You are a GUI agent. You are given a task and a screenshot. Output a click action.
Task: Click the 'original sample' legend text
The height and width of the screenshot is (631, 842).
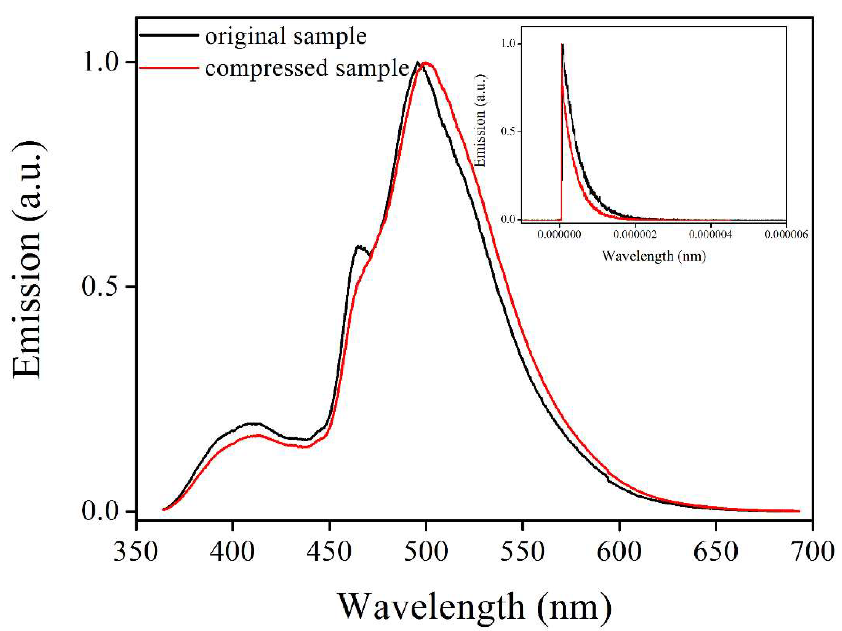285,37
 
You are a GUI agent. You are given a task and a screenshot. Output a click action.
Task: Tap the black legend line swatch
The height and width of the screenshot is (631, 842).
169,35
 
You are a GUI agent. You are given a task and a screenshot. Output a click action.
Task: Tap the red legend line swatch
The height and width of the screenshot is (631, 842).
169,68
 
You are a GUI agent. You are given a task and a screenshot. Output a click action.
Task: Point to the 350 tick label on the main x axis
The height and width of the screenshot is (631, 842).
136,552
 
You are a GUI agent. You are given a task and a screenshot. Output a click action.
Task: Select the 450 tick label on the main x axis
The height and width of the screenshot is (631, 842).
329,552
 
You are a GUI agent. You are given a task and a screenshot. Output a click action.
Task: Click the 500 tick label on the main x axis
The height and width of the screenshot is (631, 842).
426,552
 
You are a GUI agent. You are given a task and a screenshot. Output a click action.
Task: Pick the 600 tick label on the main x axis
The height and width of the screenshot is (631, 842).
619,552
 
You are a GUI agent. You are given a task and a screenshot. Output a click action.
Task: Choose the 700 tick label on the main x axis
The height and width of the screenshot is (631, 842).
813,552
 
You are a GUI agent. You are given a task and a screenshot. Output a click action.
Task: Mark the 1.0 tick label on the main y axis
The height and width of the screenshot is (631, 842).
99,62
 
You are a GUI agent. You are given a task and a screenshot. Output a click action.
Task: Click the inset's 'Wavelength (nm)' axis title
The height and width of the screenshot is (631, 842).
654,256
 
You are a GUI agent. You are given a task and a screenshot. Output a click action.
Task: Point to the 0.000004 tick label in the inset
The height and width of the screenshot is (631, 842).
710,234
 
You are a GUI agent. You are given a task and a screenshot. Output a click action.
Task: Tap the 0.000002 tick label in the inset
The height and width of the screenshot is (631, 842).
635,234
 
